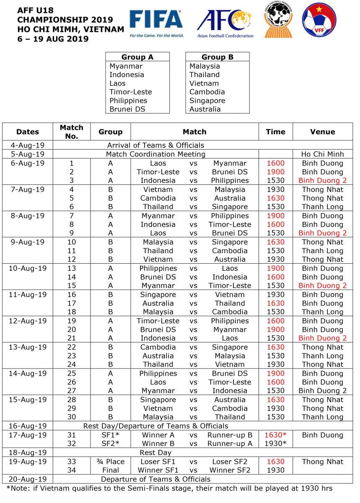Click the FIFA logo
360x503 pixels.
[x=156, y=23]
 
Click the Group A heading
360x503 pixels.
[x=137, y=57]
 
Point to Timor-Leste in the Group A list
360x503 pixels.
[x=131, y=92]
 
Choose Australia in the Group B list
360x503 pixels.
[x=205, y=109]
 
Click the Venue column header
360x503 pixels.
[x=322, y=132]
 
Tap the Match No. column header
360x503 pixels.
[x=72, y=132]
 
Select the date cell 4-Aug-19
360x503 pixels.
[x=28, y=145]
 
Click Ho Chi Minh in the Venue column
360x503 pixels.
[x=322, y=154]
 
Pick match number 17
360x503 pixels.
[x=72, y=303]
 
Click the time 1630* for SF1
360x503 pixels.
[x=275, y=435]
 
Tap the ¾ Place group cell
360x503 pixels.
[x=110, y=462]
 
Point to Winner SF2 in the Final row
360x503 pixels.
[x=230, y=470]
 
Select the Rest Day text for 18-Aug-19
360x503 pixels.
[x=155, y=453]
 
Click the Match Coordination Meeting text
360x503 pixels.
[x=155, y=154]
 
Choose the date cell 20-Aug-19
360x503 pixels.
[x=28, y=479]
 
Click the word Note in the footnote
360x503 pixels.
[x=20, y=488]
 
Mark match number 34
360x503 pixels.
[x=72, y=470]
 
